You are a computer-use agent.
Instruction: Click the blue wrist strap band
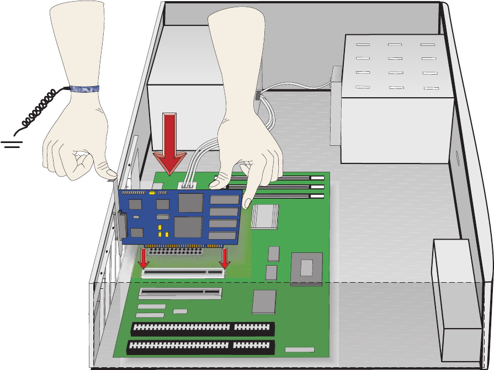pos(83,88)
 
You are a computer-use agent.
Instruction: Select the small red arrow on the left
pos(144,257)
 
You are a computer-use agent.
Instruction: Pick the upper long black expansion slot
pos(203,329)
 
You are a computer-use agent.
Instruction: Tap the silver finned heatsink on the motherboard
pos(264,216)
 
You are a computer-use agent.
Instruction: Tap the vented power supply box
pos(395,99)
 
